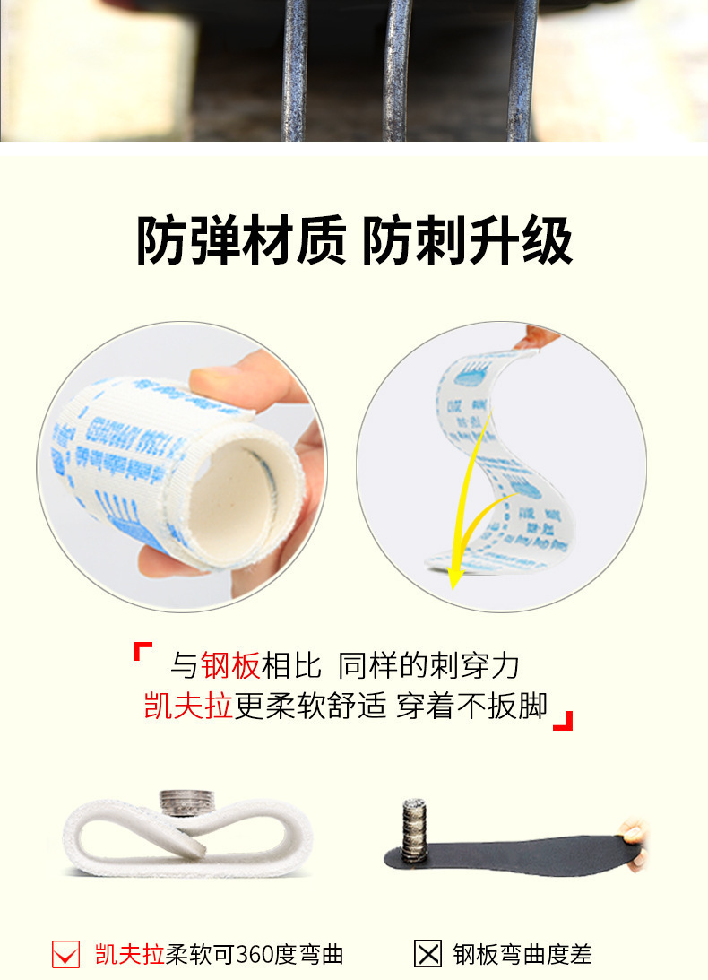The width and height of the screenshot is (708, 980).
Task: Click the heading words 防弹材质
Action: [240, 241]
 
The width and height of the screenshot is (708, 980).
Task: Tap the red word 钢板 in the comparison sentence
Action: [230, 665]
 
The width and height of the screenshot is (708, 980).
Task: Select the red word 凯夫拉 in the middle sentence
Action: [188, 707]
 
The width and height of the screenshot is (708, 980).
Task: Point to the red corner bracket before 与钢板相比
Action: [142, 649]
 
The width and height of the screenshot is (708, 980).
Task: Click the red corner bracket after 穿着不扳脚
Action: [562, 720]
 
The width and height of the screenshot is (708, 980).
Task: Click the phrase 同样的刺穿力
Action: [429, 665]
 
